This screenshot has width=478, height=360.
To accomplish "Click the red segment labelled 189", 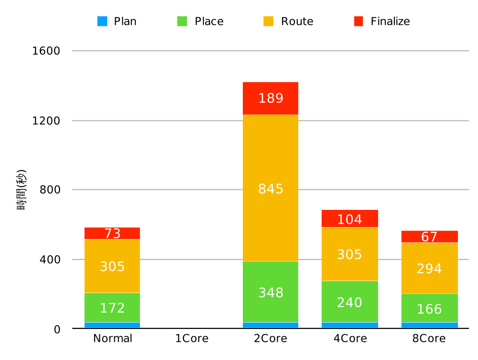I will coord(271,98).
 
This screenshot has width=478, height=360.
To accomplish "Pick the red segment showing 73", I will coord(112,233).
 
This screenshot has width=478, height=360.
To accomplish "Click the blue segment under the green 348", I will coord(271,325).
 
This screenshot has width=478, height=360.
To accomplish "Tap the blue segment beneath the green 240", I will coord(349,325).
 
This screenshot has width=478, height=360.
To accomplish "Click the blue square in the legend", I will coord(102,22).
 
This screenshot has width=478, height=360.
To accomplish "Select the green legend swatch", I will coord(182,22).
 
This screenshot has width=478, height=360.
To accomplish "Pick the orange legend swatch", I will coord(268,22).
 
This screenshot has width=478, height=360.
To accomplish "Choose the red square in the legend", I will coord(358,22).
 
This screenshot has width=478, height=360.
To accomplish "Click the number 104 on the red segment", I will coord(349,220).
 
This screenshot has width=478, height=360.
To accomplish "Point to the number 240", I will coord(349,303).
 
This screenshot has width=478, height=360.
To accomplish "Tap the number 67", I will coord(429,237).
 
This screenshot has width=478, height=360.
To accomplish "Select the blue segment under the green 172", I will coord(112,325).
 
